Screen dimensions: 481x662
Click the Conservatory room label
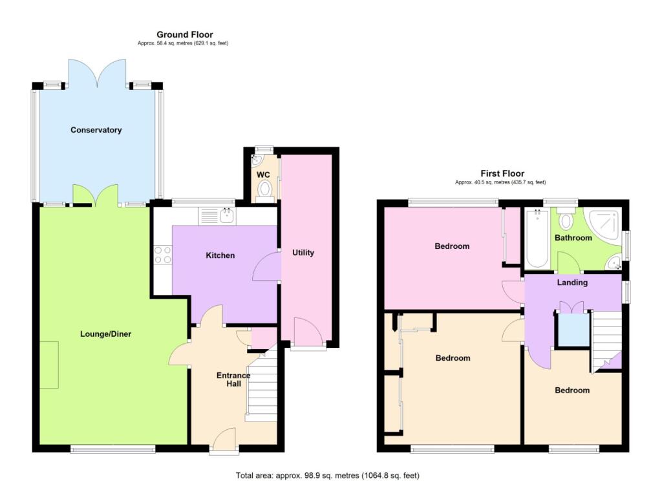coord(96,130)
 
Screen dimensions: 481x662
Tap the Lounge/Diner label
coord(106,334)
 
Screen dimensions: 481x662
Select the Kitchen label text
coord(220,255)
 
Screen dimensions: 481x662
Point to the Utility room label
coord(303,252)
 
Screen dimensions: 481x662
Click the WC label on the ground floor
coord(263,175)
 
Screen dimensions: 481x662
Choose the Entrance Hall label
coord(233,379)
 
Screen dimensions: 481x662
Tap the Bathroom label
coord(573,238)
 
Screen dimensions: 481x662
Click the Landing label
coord(572,283)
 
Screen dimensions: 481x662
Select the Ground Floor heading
coord(184,35)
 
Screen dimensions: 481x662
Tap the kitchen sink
coord(226,215)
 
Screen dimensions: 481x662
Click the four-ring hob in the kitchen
coord(162,256)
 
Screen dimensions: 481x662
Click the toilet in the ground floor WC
coord(264,189)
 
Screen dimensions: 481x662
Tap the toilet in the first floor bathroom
coord(566,221)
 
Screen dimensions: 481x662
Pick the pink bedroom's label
coord(452,246)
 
